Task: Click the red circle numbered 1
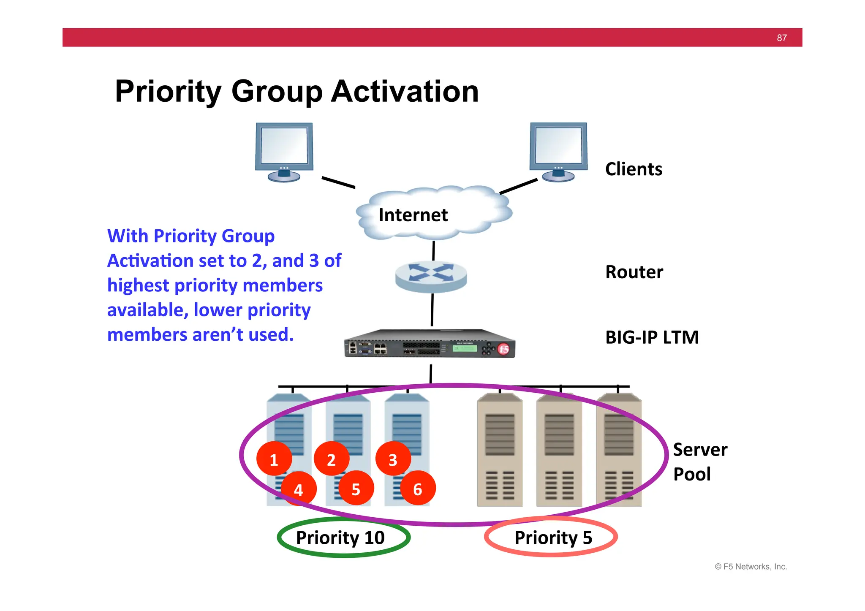274,459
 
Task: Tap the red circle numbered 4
299,489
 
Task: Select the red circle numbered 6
418,489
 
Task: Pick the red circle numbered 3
393,459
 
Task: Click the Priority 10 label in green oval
340,538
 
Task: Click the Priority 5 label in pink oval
553,538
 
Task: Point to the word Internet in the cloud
413,215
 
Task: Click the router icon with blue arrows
431,277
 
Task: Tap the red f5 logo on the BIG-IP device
503,349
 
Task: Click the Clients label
634,169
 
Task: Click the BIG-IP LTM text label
652,337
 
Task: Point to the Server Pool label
699,462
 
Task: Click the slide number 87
781,38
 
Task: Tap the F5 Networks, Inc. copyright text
751,567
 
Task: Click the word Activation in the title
405,91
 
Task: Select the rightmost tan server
619,450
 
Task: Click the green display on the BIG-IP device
465,348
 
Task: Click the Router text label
634,272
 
